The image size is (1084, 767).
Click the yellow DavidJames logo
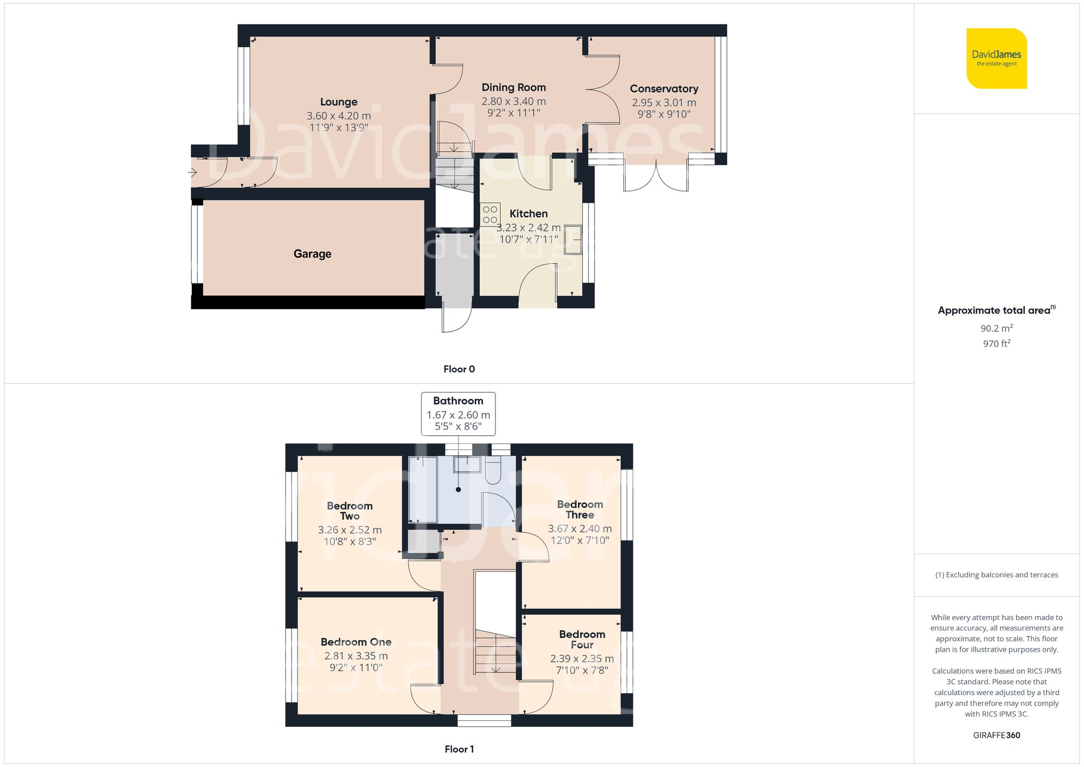tap(996, 59)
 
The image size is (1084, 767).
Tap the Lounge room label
tap(339, 102)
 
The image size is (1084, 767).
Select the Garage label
tap(312, 254)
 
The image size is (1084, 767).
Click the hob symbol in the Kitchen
tap(490, 214)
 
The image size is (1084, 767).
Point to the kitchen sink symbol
tap(573, 239)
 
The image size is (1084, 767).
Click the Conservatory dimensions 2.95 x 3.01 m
tap(664, 102)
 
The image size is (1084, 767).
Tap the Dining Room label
tap(513, 87)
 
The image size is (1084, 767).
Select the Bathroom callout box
tap(458, 414)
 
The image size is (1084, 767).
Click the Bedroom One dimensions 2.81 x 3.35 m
tap(356, 656)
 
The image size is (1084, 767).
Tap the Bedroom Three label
tap(580, 510)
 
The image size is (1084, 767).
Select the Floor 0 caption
tap(459, 369)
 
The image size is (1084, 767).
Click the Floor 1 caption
tap(459, 749)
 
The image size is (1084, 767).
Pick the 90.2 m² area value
tap(996, 328)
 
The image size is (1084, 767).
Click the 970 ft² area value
tap(996, 344)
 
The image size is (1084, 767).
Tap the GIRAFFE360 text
tap(996, 736)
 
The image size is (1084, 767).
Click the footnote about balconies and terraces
tap(996, 575)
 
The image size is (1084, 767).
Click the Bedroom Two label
tap(350, 511)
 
